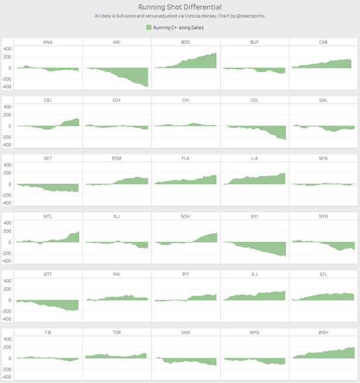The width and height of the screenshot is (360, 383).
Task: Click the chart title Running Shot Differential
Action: (180, 7)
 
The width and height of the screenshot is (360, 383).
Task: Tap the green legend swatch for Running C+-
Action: (149, 27)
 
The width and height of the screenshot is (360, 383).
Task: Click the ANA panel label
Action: (47, 43)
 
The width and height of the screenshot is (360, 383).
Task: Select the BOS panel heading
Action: (186, 43)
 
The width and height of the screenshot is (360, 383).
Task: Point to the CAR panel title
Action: (323, 43)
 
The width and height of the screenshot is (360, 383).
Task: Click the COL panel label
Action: (254, 100)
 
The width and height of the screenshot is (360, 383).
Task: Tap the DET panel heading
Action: (47, 158)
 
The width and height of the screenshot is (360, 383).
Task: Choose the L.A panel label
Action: (254, 158)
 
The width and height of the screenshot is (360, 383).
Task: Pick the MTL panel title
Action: (47, 216)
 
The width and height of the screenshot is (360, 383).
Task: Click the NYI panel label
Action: (254, 216)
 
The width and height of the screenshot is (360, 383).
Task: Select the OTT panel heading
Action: (47, 274)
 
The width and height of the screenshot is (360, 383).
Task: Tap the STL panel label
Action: (323, 274)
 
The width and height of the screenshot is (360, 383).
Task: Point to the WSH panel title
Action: (323, 332)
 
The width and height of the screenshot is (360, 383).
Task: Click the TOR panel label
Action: (116, 332)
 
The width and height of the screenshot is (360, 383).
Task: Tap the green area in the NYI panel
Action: (269, 248)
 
